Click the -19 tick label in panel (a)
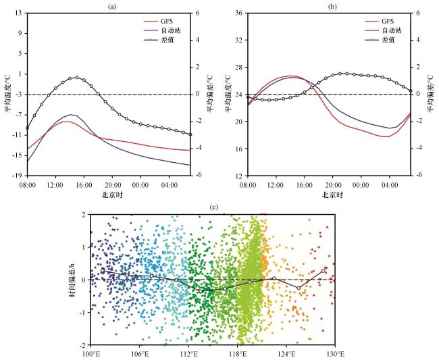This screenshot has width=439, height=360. click(20, 176)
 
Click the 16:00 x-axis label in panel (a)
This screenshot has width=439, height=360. click(84, 185)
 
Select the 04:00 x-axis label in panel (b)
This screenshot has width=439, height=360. click(389, 185)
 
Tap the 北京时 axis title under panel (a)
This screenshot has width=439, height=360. click(111, 195)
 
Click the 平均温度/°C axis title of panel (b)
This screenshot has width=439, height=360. click(228, 94)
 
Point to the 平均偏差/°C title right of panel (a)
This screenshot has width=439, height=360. click(210, 94)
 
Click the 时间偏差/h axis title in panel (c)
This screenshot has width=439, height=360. click(72, 279)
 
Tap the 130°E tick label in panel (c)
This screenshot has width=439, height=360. click(335, 354)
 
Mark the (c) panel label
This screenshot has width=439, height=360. click(214, 207)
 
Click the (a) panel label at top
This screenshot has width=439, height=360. click(111, 7)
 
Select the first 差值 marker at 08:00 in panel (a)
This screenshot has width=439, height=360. click(28, 128)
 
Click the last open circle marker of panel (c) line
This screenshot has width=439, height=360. click(323, 271)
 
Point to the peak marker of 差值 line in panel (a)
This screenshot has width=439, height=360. click(77, 77)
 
